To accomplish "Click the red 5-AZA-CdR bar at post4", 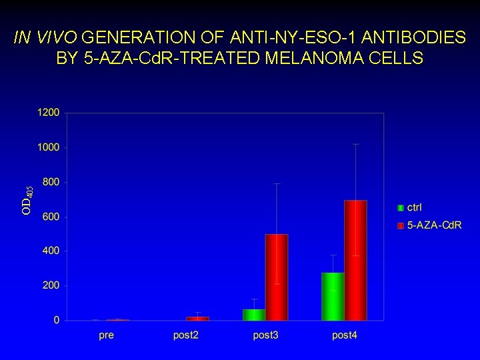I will [355, 260].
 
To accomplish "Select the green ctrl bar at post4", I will [333, 296].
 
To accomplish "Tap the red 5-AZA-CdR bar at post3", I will [276, 277].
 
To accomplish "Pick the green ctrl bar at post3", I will [253, 314].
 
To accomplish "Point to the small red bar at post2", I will [197, 318].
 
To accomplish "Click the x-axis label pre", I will [106, 335].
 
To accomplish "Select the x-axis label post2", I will [186, 335].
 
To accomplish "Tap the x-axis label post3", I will [265, 335].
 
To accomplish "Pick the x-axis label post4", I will [345, 335].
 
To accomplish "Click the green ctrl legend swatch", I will [401, 208].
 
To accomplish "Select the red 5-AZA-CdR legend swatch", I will [401, 225].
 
